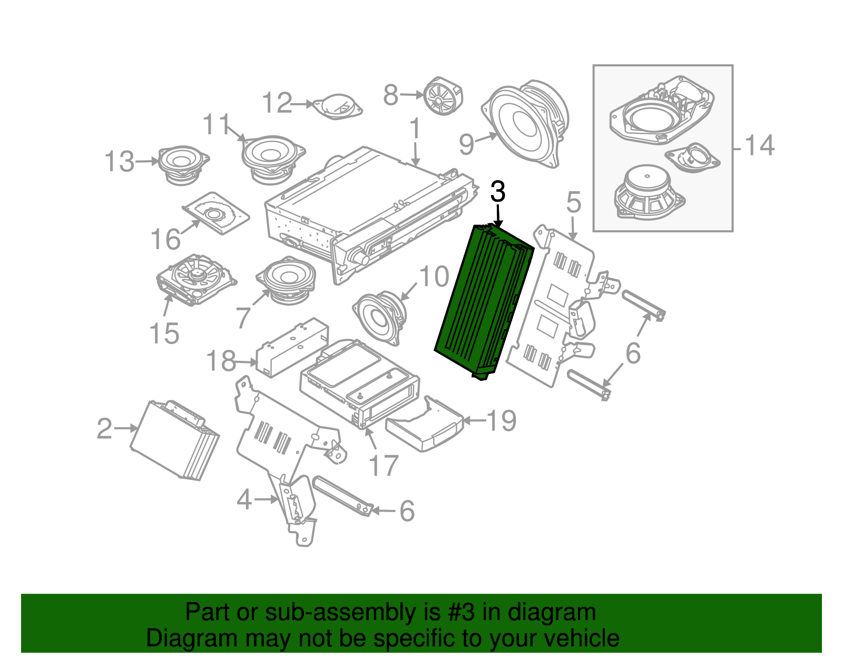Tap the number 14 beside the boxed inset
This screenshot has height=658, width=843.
click(x=759, y=145)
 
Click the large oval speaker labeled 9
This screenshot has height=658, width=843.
click(x=527, y=124)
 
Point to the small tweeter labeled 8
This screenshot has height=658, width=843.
click(x=443, y=96)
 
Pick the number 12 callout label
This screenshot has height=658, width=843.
click(x=277, y=103)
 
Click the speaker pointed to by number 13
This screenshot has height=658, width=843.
click(x=182, y=163)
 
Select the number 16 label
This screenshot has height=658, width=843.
click(x=165, y=240)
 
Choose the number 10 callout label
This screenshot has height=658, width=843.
click(x=434, y=277)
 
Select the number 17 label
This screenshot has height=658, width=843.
click(x=383, y=466)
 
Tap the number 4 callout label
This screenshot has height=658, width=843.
click(x=244, y=499)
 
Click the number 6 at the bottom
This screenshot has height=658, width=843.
click(x=407, y=511)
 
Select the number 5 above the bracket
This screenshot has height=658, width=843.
click(x=573, y=203)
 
